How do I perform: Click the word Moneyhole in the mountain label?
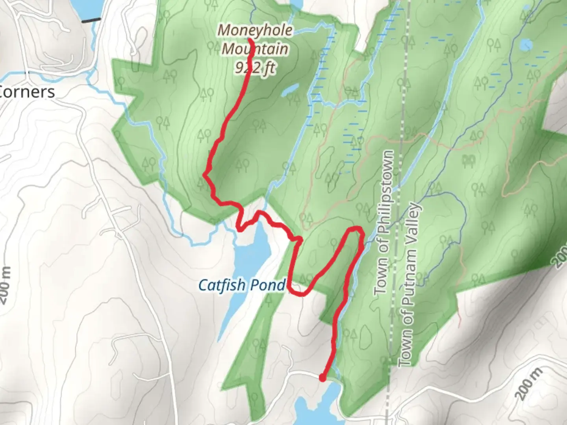click(x=255, y=30)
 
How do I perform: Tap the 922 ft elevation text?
click(x=255, y=68)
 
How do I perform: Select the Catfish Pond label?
click(x=242, y=285)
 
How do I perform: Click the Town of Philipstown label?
click(x=385, y=222)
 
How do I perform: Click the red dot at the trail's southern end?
click(x=322, y=378)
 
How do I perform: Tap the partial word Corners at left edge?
click(x=27, y=92)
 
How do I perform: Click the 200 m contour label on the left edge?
click(x=5, y=285)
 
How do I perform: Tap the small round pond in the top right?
click(x=526, y=45)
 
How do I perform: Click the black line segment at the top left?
click(x=91, y=20)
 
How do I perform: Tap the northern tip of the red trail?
click(x=250, y=39)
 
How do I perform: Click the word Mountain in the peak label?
click(x=255, y=49)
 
